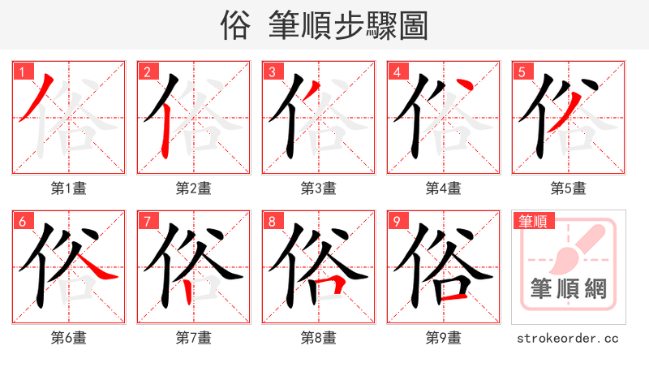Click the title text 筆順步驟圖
click(349, 25)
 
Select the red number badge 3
click(271, 72)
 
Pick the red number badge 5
click(521, 72)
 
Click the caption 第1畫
click(69, 188)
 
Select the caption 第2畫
click(194, 188)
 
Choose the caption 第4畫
click(444, 188)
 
